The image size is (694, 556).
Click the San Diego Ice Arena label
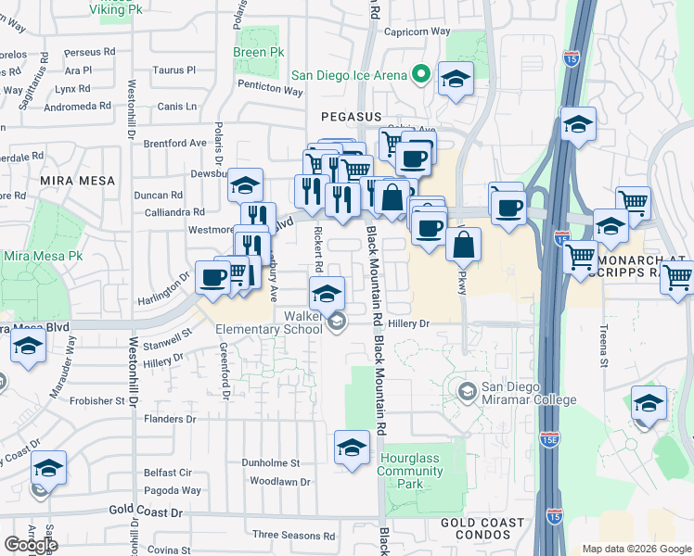click(x=349, y=75)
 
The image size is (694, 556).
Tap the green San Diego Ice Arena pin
click(x=421, y=73)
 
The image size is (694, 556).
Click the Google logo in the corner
click(x=31, y=544)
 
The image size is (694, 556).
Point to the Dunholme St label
click(x=271, y=462)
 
